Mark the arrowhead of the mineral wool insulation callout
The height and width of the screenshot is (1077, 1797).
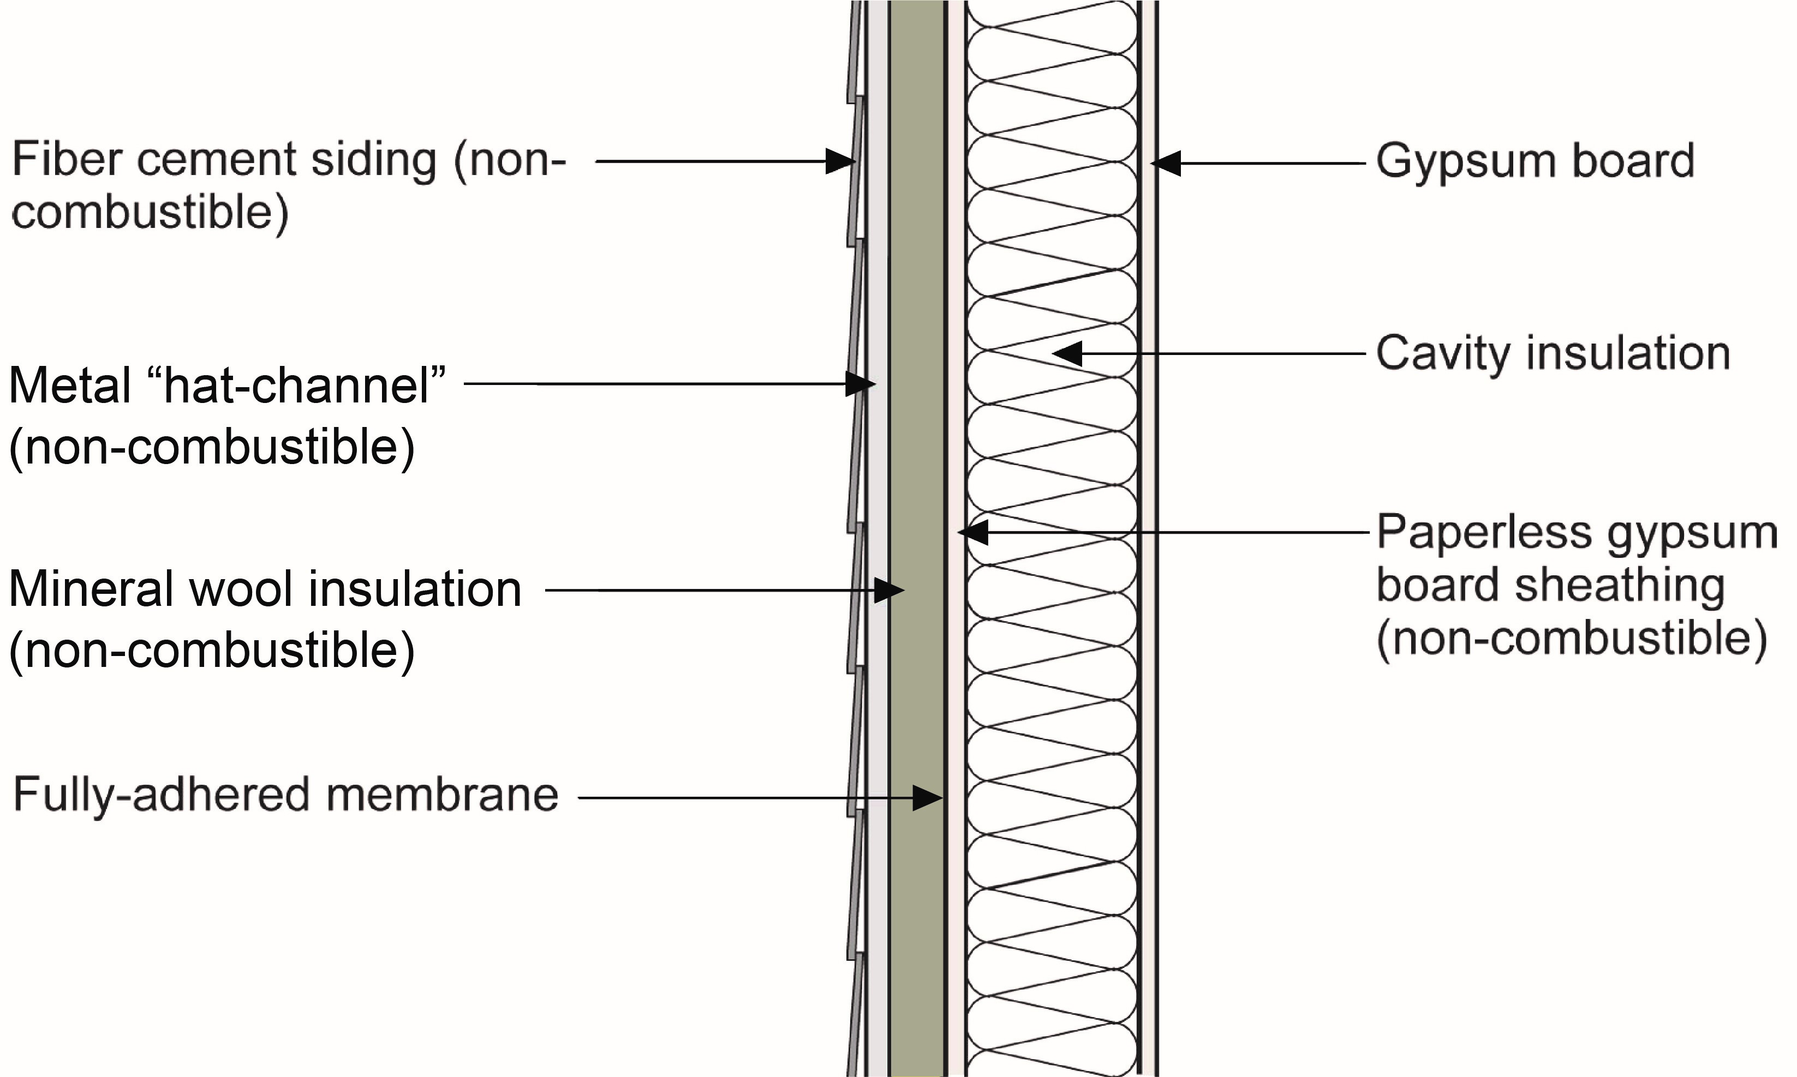point(889,591)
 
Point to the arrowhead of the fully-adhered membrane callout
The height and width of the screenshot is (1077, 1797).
point(928,798)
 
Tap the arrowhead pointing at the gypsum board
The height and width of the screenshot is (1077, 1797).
point(1167,163)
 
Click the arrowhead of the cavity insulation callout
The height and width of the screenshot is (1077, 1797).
point(1067,353)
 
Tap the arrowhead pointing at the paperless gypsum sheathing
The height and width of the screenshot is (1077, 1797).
point(974,533)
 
